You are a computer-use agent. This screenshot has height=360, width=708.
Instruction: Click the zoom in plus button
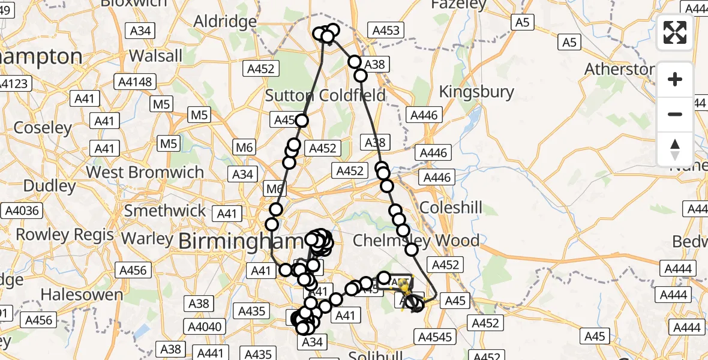(675, 79)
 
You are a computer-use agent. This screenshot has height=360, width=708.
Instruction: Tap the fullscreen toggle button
(675, 32)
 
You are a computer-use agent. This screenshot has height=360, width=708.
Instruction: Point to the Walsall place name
(155, 56)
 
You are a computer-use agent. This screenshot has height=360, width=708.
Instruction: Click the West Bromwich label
(145, 172)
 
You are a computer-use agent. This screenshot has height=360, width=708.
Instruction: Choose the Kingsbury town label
(476, 92)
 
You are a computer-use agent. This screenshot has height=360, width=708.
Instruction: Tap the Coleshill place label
(451, 208)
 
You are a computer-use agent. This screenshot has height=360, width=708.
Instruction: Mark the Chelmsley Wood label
(416, 241)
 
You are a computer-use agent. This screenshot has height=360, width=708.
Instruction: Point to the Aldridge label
(225, 21)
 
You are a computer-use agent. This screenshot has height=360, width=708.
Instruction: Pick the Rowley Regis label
(65, 234)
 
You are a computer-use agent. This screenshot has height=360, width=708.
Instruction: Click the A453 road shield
(386, 31)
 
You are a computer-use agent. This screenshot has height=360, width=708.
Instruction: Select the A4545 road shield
(436, 337)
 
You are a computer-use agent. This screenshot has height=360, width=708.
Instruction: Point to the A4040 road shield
(205, 327)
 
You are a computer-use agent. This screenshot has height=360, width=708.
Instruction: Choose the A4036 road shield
(22, 211)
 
